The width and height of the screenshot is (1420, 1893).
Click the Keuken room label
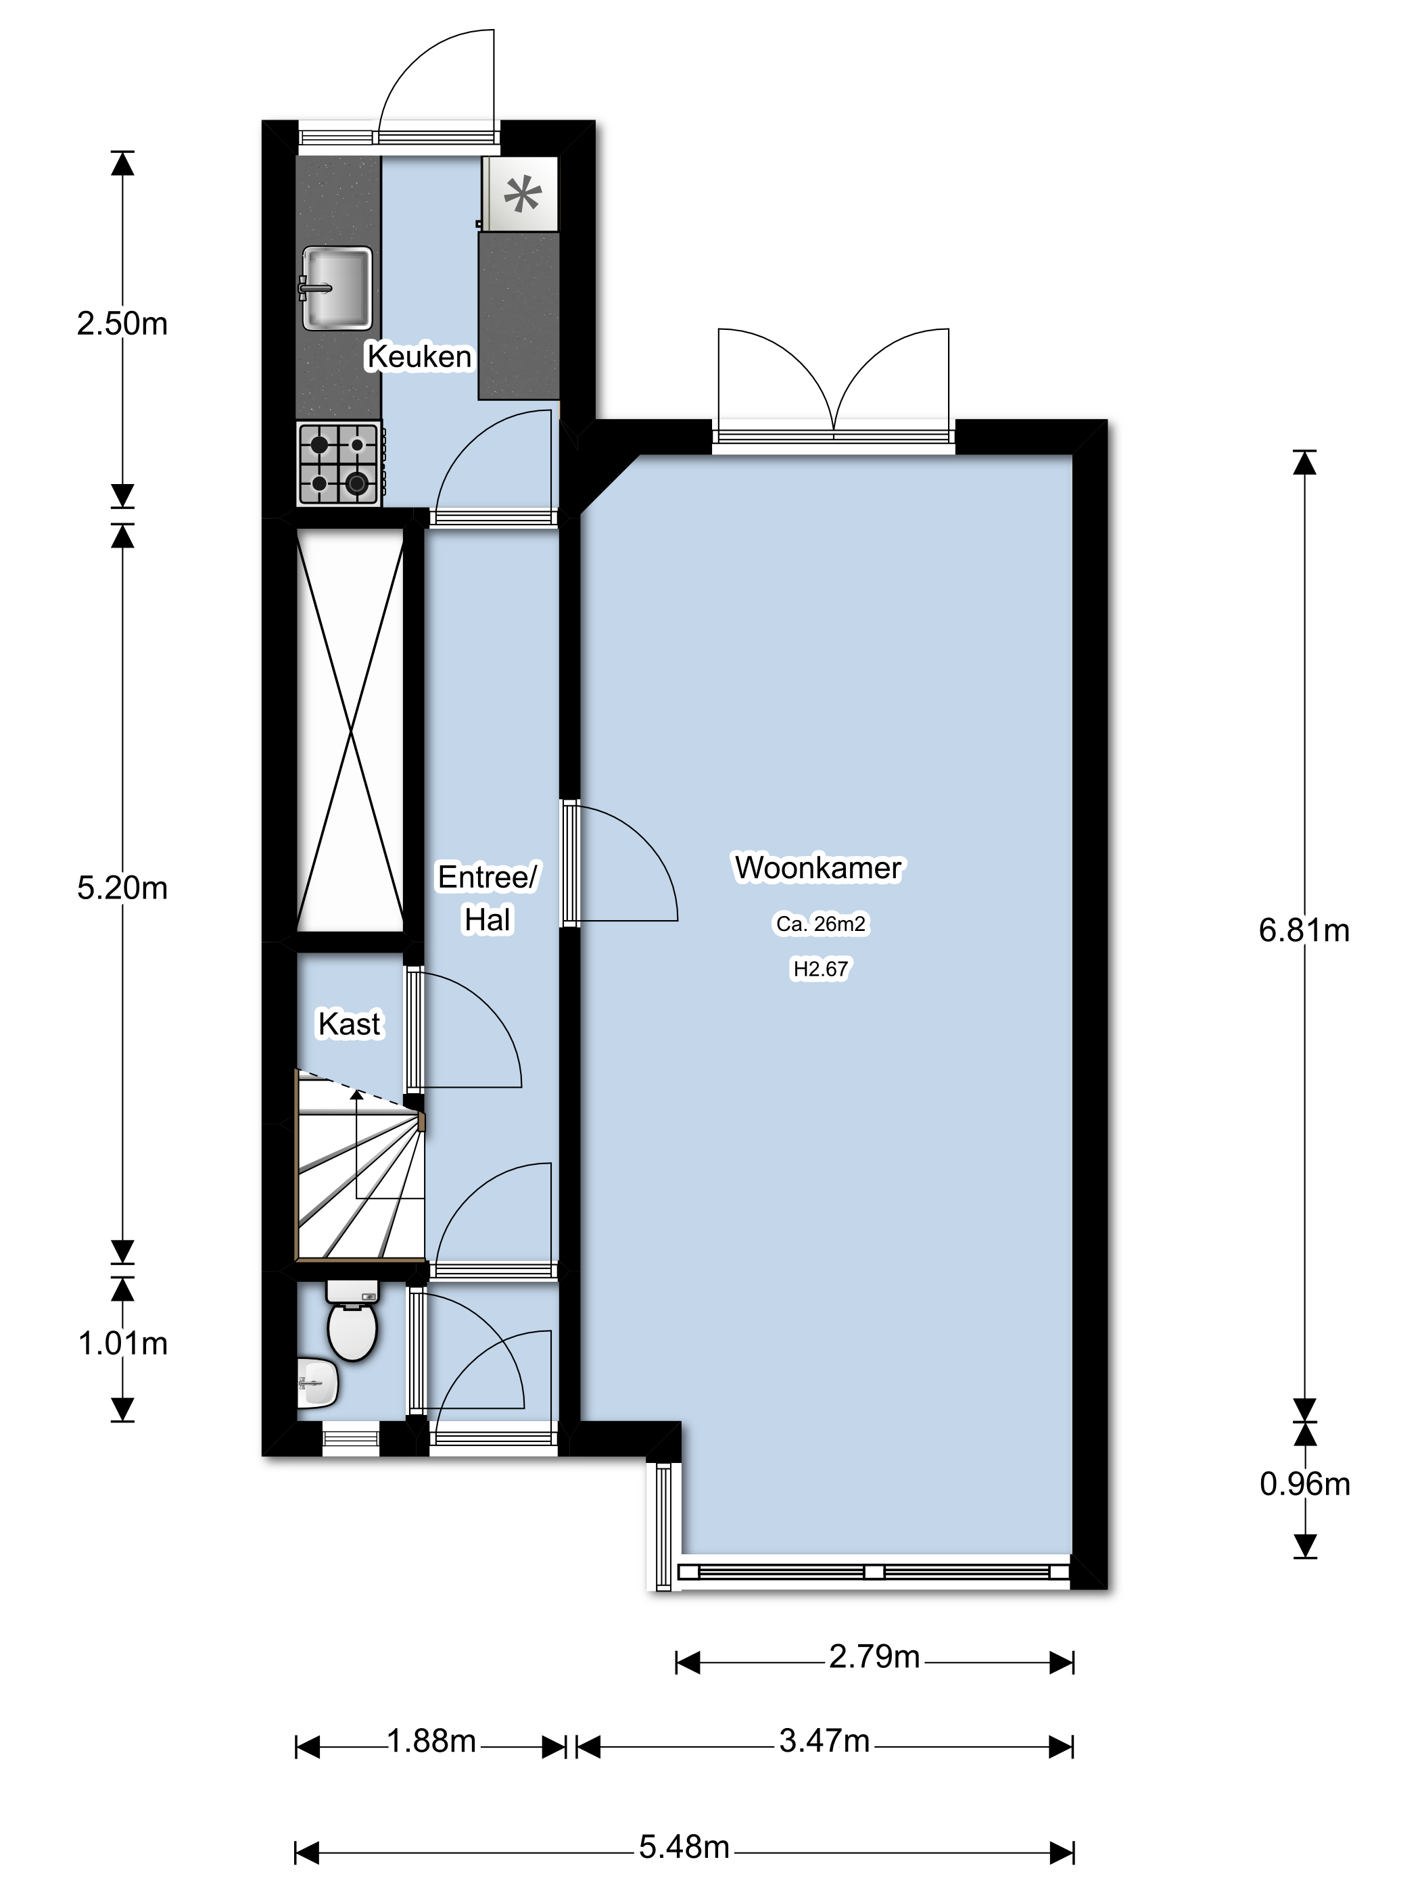point(419,356)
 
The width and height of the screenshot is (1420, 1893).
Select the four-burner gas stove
point(340,464)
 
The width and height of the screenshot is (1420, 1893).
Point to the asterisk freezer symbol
point(522,193)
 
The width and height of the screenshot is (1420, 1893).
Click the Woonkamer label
point(818,868)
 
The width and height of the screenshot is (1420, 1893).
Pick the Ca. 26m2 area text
point(821,924)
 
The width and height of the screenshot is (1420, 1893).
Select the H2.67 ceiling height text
point(821,969)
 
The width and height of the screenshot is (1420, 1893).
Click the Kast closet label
point(349,1024)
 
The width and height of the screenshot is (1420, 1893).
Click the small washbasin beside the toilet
point(318,1382)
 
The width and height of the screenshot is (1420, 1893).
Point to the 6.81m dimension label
point(1304,930)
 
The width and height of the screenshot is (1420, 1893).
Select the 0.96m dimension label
point(1304,1484)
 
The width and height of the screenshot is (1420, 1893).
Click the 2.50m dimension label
point(122,323)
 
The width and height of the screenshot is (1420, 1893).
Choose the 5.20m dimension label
point(122,888)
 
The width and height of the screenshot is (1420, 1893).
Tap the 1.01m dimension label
point(122,1343)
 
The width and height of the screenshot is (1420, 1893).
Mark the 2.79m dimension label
point(874,1657)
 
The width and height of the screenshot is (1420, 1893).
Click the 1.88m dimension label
point(431,1741)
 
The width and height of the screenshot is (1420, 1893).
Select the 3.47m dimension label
point(824,1741)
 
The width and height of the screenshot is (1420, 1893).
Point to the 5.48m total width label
point(684,1847)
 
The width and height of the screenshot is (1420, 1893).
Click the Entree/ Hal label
point(487,898)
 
